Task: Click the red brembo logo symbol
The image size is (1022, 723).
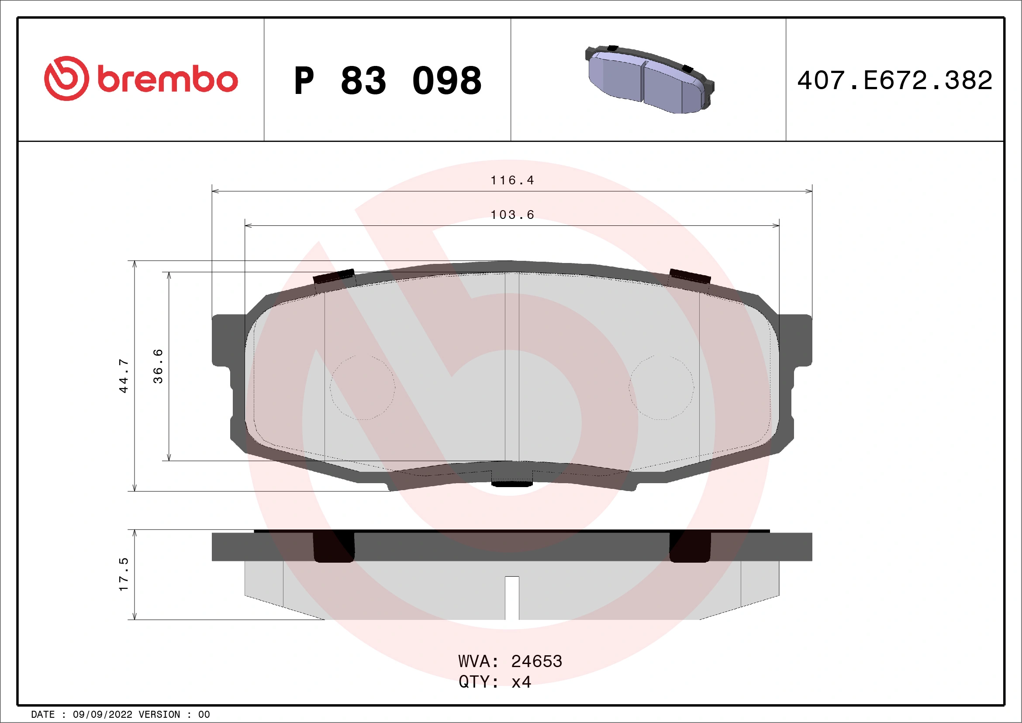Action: click(66, 78)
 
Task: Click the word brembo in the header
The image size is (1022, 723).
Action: click(167, 80)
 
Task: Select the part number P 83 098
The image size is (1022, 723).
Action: click(388, 80)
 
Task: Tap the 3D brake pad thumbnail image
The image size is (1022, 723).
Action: click(649, 79)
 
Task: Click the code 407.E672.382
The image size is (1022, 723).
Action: click(895, 80)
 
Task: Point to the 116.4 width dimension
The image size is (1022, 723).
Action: click(512, 180)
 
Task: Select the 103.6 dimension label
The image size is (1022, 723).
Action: click(512, 214)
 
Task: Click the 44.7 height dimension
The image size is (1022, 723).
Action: click(123, 376)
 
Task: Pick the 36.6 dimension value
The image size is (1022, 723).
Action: click(158, 366)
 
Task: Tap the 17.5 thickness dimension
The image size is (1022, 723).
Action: click(123, 574)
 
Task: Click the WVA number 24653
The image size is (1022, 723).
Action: click(536, 661)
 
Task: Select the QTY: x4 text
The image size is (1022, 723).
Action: click(494, 682)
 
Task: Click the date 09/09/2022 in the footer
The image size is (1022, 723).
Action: click(102, 715)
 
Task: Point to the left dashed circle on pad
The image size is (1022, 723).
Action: click(363, 387)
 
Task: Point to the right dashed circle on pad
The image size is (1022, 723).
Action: click(661, 387)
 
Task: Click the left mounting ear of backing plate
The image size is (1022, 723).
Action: click(227, 341)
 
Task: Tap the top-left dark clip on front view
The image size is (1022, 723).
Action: click(334, 277)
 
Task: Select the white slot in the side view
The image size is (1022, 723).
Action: click(512, 598)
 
